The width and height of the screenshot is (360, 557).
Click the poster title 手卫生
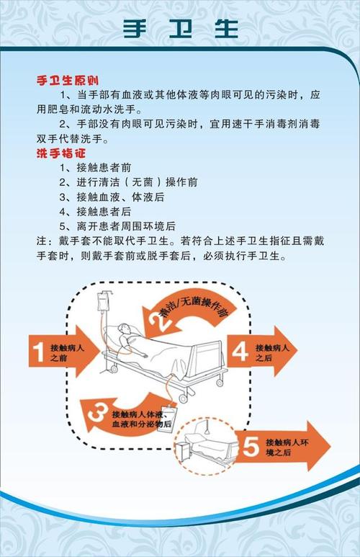(x=180, y=28)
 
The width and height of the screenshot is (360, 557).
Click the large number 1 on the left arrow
(x=40, y=352)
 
